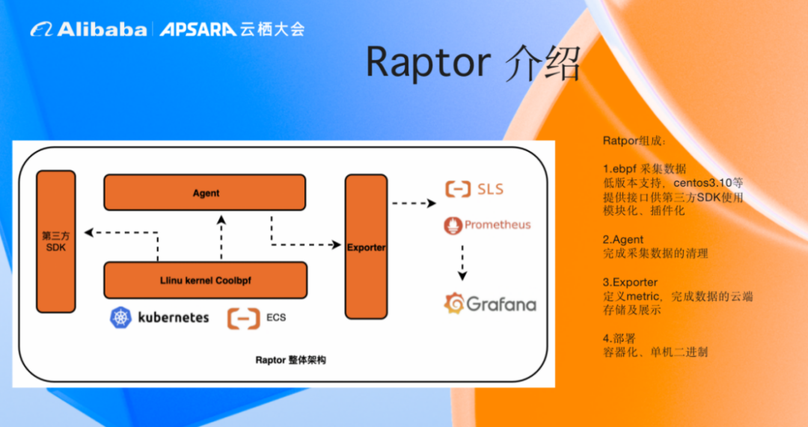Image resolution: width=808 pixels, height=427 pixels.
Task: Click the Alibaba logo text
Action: (x=102, y=29)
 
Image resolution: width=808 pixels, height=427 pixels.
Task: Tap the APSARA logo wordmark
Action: (x=198, y=29)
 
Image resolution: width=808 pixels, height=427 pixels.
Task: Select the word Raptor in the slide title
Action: (x=428, y=62)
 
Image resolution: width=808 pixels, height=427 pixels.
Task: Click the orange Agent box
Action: (x=204, y=193)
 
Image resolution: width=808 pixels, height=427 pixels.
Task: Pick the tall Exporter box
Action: (x=366, y=247)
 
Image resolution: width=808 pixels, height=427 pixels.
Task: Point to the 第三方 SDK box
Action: (x=56, y=242)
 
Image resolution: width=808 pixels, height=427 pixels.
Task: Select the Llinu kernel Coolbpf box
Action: (x=206, y=280)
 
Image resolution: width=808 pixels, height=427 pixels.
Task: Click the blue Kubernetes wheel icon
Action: (x=120, y=317)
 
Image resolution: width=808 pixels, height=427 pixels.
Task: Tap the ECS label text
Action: (x=275, y=317)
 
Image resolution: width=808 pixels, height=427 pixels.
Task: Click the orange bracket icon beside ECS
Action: (x=244, y=319)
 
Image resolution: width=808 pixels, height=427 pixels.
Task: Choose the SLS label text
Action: (x=490, y=189)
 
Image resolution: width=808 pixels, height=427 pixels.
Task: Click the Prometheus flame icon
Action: (x=453, y=226)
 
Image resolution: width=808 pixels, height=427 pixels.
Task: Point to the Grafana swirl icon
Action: (x=454, y=304)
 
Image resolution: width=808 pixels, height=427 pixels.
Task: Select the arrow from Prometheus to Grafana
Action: (x=462, y=262)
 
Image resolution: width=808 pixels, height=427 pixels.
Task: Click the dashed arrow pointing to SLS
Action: (x=414, y=203)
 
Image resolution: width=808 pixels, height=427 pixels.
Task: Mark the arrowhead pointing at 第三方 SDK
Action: (x=88, y=233)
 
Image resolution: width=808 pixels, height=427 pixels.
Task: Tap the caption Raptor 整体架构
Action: (x=290, y=360)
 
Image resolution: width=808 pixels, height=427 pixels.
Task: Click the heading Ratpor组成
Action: (x=634, y=141)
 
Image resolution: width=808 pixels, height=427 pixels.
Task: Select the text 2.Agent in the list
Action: (x=623, y=239)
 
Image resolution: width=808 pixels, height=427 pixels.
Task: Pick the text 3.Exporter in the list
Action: (x=630, y=282)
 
